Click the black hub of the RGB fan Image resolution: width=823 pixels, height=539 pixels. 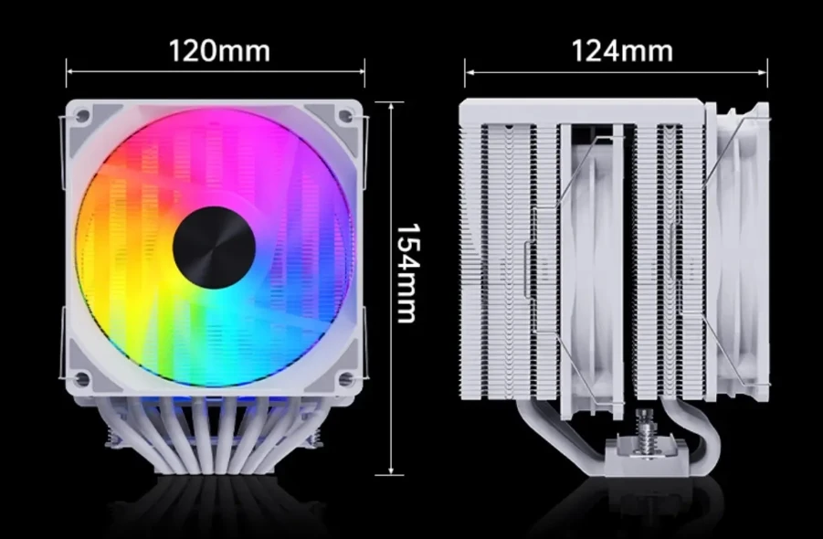(214, 248)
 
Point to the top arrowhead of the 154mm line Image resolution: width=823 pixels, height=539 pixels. (392, 105)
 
